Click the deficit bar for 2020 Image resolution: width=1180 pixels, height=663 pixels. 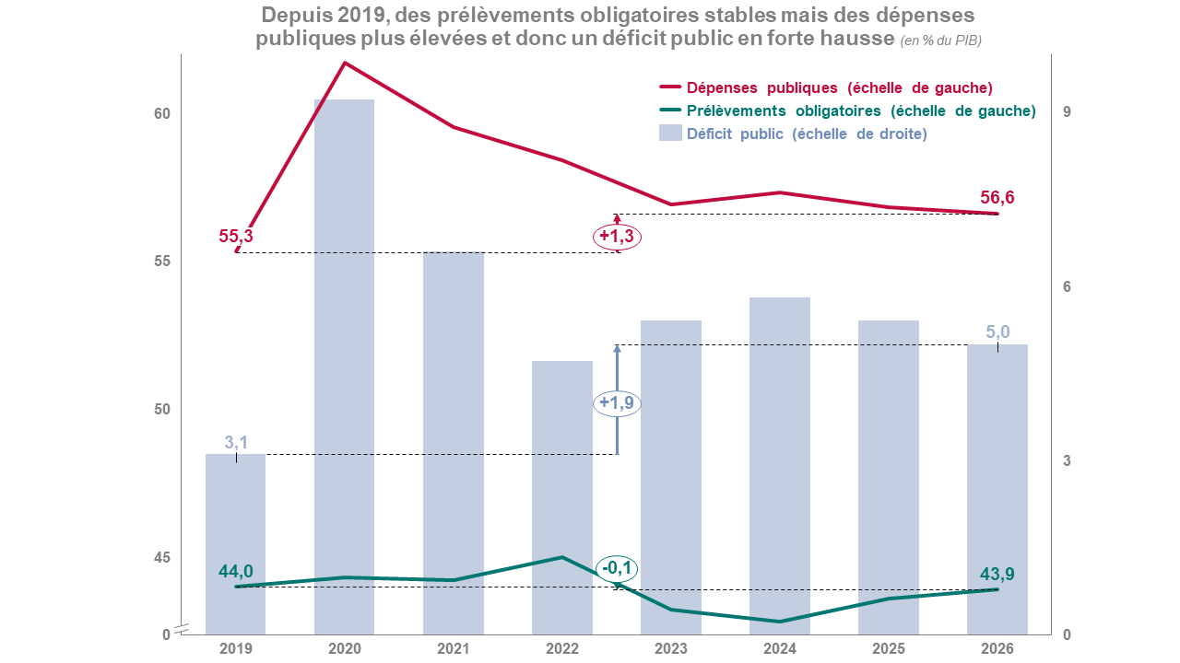pyautogui.click(x=344, y=368)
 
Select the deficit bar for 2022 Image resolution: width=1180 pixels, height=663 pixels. pyautogui.click(x=561, y=497)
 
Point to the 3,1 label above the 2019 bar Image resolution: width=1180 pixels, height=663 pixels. pyautogui.click(x=237, y=443)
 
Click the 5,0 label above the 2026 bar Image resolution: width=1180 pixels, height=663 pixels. pyautogui.click(x=998, y=332)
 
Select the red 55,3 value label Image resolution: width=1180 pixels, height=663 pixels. pyautogui.click(x=236, y=236)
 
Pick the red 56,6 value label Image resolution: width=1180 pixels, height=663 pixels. pyautogui.click(x=997, y=198)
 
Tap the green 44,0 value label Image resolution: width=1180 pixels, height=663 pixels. pyautogui.click(x=236, y=571)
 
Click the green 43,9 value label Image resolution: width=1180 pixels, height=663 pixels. pyautogui.click(x=997, y=574)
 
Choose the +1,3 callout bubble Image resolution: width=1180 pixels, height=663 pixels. pyautogui.click(x=617, y=237)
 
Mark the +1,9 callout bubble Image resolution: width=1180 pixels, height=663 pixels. pyautogui.click(x=617, y=403)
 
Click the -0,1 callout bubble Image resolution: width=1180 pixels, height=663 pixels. pyautogui.click(x=617, y=568)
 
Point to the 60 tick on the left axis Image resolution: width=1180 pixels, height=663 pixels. pyautogui.click(x=162, y=114)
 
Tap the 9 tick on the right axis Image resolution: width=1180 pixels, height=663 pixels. pyautogui.click(x=1067, y=111)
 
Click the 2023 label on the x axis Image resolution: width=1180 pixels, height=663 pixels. pyautogui.click(x=670, y=648)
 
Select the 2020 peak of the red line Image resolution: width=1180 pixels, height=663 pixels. pyautogui.click(x=345, y=63)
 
